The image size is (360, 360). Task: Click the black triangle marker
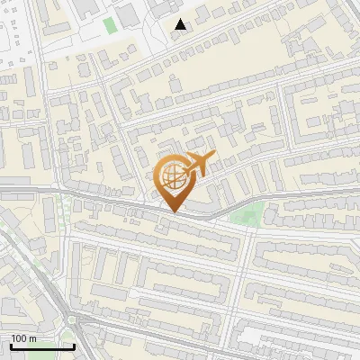(181, 24)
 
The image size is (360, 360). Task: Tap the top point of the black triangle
(181, 19)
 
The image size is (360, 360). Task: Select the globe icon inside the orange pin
(173, 178)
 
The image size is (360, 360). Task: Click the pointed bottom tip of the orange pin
(174, 212)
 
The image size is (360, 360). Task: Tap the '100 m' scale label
(24, 338)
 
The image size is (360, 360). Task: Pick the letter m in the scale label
(33, 338)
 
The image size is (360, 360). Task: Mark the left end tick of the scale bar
(10, 345)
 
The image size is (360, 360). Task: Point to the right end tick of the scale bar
(74, 345)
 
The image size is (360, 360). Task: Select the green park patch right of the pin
(247, 214)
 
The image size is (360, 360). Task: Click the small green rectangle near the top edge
(110, 25)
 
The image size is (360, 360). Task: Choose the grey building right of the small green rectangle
(129, 13)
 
